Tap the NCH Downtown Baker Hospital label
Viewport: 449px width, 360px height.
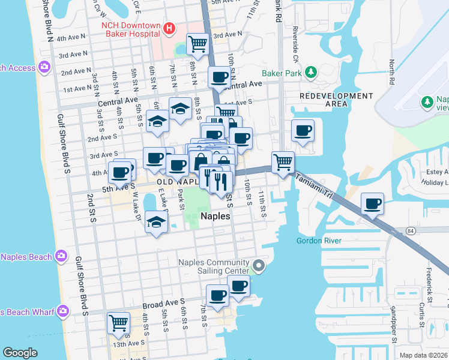(131, 30)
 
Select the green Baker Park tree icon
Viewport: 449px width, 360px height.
(311, 73)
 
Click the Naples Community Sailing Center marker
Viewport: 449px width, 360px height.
(259, 265)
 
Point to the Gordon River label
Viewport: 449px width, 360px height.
(319, 241)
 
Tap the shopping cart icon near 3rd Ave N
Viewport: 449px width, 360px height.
(197, 43)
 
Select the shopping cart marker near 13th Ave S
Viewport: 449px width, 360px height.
(118, 323)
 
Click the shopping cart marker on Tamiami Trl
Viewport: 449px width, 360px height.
(283, 161)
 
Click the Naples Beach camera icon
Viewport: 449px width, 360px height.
(61, 257)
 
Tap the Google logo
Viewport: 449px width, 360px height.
(20, 353)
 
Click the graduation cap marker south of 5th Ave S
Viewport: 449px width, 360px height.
(157, 223)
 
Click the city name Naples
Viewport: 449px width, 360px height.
(214, 216)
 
